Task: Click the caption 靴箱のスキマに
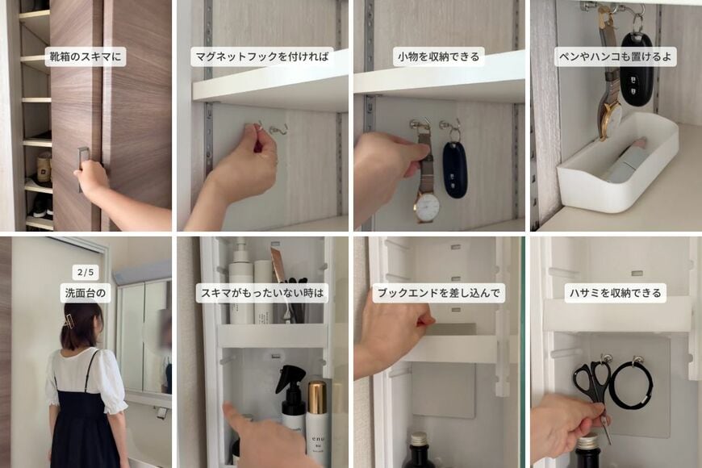pos(86,56)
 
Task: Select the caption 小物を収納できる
pos(438,56)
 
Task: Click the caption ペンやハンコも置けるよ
pos(616,56)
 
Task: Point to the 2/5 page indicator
pos(86,273)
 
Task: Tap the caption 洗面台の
pos(86,293)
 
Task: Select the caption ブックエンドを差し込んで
pos(438,293)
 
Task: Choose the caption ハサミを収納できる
pos(616,293)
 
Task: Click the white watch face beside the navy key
pos(427,207)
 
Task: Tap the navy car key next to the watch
pos(455,169)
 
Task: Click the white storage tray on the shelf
pos(617,165)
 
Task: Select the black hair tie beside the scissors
pos(630,385)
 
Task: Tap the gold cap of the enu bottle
pos(317,396)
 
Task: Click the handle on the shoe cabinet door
pos(82,165)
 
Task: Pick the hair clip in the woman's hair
pos(69,320)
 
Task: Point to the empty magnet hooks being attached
pos(270,128)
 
